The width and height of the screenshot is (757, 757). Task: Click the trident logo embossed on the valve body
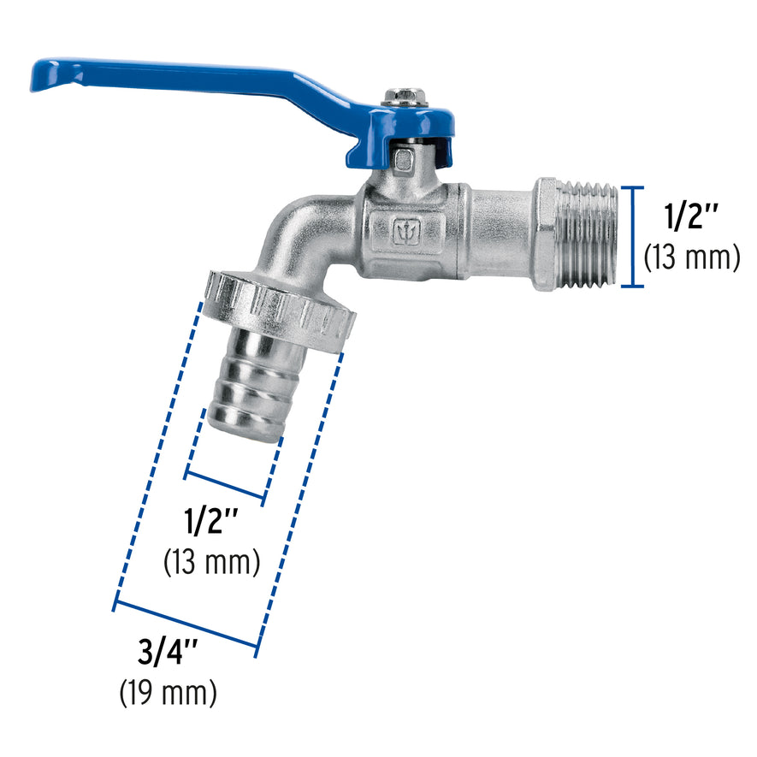point(406,232)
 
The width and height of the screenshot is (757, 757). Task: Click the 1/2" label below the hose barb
point(210,521)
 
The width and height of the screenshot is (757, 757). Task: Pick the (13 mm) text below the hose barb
point(210,561)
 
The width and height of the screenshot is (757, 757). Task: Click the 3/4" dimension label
point(168,654)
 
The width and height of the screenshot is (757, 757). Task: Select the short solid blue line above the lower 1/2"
point(224,485)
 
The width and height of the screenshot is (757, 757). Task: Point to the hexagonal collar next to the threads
point(546,235)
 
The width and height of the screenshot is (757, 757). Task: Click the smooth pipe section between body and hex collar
point(500,233)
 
